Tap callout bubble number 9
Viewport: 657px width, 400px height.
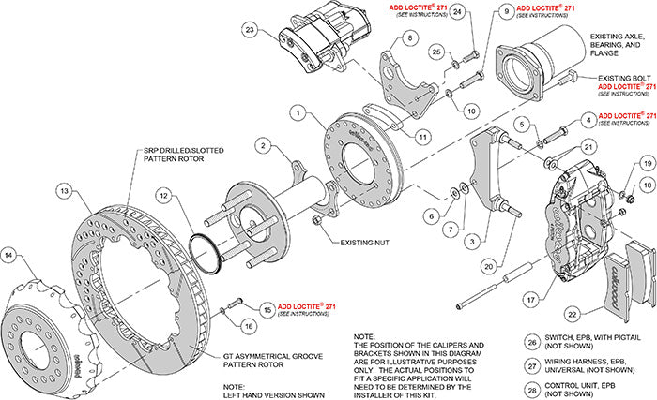coord(504,12)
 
